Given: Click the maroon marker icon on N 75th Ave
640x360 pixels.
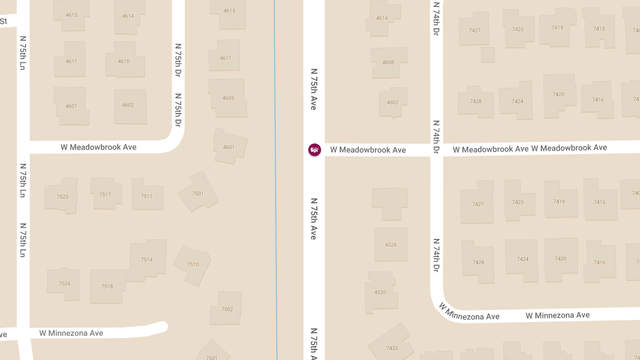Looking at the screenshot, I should (315, 150).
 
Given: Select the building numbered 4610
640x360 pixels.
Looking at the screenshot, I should (124, 61).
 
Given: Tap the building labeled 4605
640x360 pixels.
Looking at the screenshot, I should (228, 98).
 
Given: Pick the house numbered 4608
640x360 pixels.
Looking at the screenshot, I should (388, 62).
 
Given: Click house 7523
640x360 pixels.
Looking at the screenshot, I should (62, 196).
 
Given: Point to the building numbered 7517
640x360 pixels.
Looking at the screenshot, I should (105, 194).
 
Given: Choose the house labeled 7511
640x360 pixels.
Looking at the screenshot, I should (147, 196).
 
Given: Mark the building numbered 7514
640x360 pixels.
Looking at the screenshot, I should (147, 260).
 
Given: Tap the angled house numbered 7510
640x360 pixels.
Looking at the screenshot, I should (193, 265).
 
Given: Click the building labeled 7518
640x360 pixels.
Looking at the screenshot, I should (107, 286).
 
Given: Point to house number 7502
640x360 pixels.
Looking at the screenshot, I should (227, 309).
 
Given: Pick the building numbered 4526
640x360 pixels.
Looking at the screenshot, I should (391, 245).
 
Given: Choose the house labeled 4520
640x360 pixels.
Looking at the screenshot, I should (380, 292).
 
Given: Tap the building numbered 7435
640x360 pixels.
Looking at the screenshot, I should (391, 344).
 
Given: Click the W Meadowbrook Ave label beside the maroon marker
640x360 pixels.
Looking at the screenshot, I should (368, 150).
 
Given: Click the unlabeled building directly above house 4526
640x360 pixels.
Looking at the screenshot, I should (389, 203).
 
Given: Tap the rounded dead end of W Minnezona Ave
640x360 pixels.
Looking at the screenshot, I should (162, 327).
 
